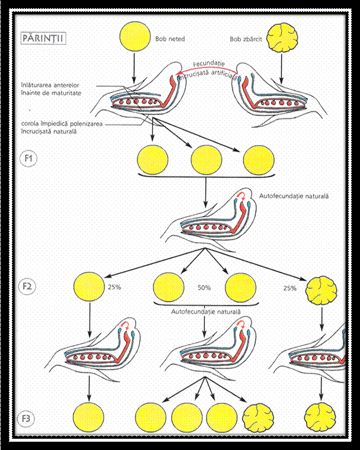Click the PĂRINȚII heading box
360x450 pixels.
point(42,39)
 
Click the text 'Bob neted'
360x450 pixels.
point(171,39)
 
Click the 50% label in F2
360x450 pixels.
point(204,288)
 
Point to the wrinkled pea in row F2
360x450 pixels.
point(321,288)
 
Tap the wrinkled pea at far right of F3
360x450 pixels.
point(322,419)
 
